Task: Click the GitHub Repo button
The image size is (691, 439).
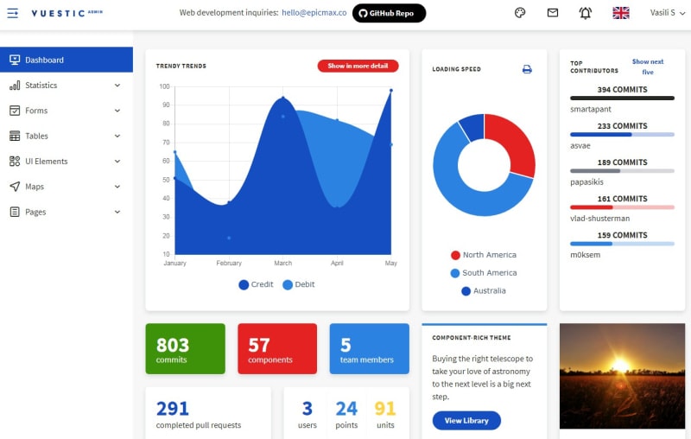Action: point(389,13)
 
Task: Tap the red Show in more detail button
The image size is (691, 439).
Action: point(358,66)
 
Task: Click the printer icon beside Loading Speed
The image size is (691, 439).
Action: point(527,69)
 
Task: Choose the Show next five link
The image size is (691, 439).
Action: point(647,67)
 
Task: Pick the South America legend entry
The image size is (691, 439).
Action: point(484,273)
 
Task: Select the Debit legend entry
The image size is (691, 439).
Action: point(299,284)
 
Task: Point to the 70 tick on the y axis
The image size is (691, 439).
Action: point(166,143)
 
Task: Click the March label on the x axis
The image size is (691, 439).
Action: point(283,263)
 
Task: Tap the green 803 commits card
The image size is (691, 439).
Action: point(185,348)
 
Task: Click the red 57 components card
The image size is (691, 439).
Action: point(277,348)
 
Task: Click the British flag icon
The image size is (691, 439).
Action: point(621,13)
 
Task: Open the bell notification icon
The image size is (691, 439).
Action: point(586,13)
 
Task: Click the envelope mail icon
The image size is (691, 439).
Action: point(553,13)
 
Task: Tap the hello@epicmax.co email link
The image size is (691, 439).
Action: point(314,13)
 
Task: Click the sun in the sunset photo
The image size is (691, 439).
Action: point(620,365)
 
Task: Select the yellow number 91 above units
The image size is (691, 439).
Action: point(385,409)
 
